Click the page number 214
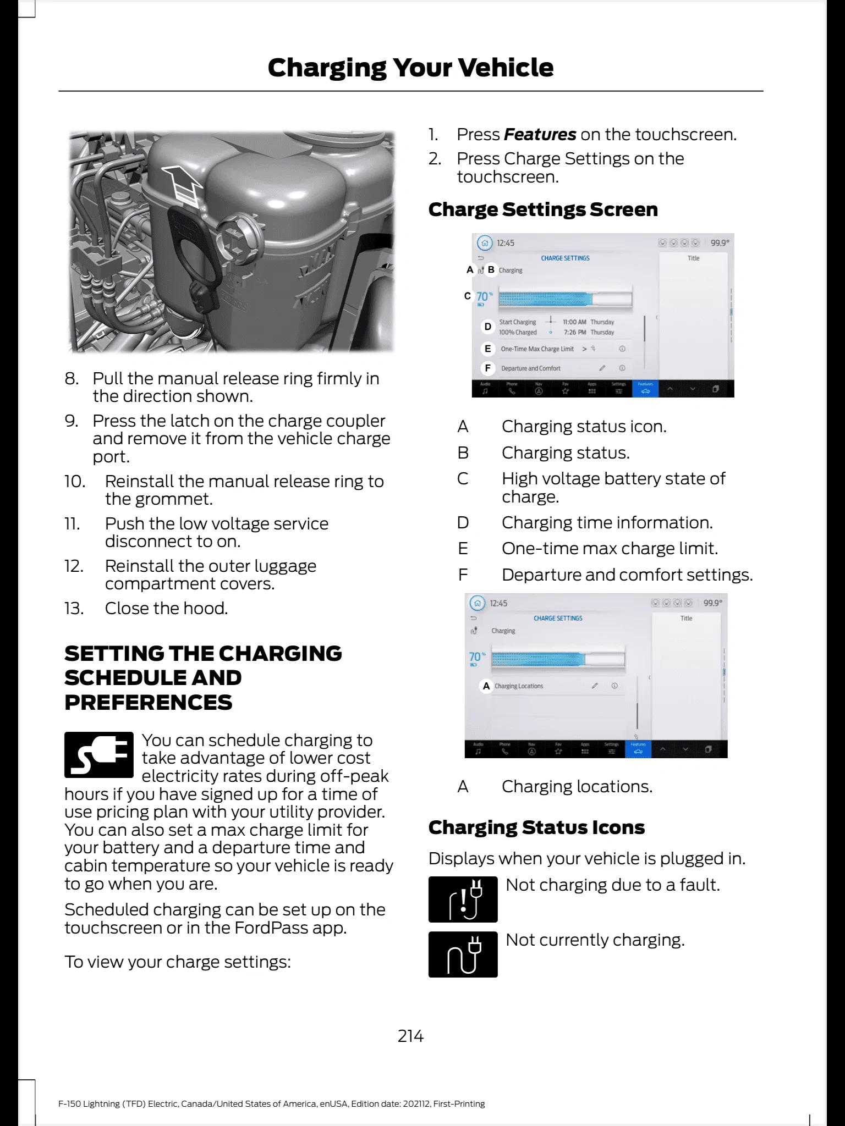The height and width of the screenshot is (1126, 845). coord(410,1036)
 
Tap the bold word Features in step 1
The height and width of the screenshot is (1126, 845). coord(540,135)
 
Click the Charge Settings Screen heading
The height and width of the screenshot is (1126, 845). coord(543,209)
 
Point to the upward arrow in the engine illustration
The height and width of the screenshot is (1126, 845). coord(184,181)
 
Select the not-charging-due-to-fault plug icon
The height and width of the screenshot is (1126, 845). coord(463,899)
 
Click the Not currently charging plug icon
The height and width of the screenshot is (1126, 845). coord(463,954)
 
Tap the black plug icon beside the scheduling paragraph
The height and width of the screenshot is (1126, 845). coord(99,754)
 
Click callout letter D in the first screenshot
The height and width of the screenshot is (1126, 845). coord(487,327)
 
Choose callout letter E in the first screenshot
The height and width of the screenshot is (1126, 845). coord(487,349)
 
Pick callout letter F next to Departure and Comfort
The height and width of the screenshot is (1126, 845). coord(487,368)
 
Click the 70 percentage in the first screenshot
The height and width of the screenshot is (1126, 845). coord(482,297)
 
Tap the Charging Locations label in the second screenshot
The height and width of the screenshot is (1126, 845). coord(519,686)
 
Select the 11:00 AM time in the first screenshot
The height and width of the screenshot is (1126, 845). coord(574,322)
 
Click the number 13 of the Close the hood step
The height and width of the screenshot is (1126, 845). coord(74,609)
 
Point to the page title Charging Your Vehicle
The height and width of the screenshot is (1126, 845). coord(410,68)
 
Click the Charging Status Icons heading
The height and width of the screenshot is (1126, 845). coord(536,827)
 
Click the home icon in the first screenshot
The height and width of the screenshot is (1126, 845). coord(484,243)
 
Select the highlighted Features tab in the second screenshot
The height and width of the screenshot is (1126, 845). coord(638,749)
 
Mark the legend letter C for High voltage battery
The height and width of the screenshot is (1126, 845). coord(463,479)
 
